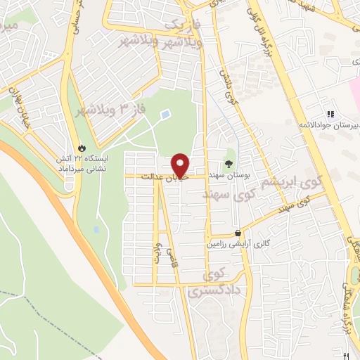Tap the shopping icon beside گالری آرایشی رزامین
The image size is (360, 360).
tap(239, 233)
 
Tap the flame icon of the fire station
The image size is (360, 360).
tap(84, 148)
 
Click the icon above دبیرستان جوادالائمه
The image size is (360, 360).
tap(329, 115)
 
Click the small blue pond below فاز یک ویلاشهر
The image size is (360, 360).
tap(165, 114)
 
